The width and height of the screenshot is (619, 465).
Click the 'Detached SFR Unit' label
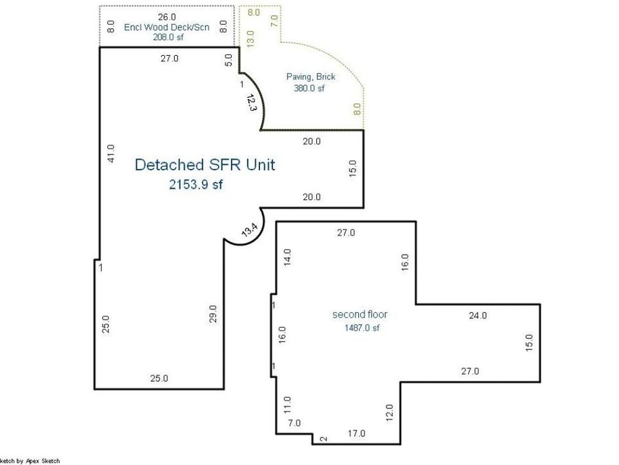[x=204, y=165]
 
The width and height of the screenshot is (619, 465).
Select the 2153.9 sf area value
[x=195, y=184]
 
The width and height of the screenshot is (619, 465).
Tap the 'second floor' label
[x=360, y=314]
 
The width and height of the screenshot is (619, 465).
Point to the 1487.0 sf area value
[x=362, y=328]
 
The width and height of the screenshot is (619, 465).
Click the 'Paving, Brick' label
[x=311, y=76]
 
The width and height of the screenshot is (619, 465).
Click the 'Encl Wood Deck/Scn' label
[x=166, y=28]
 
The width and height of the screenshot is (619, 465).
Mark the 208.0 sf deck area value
[x=166, y=39]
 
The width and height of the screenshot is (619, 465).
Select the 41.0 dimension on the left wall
[x=111, y=153]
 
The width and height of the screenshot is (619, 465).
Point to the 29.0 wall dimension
[x=213, y=313]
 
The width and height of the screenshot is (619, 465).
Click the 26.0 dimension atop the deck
[x=166, y=17]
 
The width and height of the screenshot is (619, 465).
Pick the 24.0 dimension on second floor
[x=478, y=316]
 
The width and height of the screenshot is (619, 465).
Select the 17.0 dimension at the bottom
[x=356, y=433]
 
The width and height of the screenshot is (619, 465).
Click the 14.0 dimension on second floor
[x=287, y=257]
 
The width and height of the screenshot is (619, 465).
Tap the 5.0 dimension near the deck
[x=228, y=61]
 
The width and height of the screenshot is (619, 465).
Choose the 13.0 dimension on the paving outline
[x=250, y=38]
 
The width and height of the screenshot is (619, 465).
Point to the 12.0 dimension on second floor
[x=389, y=413]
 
